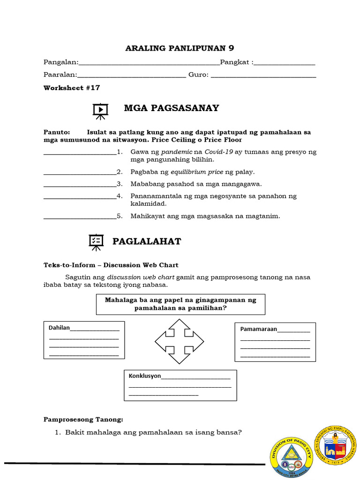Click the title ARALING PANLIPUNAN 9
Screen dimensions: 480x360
pyautogui.click(x=180, y=48)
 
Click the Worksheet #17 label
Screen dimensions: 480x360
pyautogui.click(x=72, y=88)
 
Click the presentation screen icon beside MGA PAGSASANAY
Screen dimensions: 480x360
pyautogui.click(x=100, y=111)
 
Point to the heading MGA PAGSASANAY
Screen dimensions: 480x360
pyautogui.click(x=171, y=108)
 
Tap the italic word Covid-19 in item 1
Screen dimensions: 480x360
pyautogui.click(x=219, y=152)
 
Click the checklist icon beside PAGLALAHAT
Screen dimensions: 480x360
pyautogui.click(x=96, y=241)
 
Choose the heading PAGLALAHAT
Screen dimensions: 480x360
pyautogui.click(x=146, y=241)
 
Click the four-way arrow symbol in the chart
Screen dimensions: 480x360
pyautogui.click(x=179, y=341)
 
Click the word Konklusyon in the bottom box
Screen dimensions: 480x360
pyautogui.click(x=145, y=376)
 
